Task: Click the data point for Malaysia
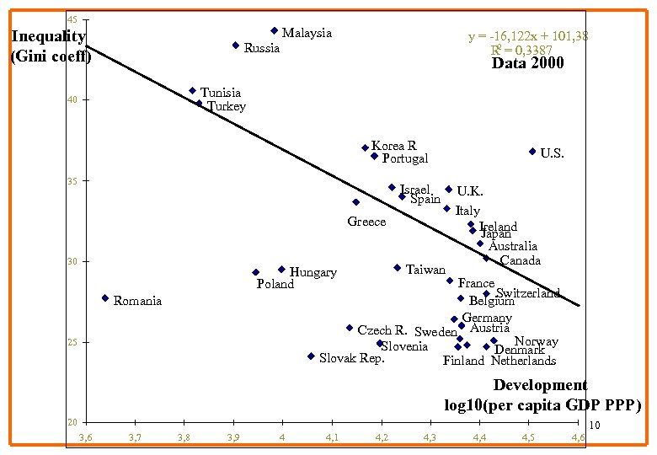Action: (x=275, y=31)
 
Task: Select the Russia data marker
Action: (x=236, y=45)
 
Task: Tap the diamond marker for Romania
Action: (x=105, y=298)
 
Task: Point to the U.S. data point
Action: (x=532, y=152)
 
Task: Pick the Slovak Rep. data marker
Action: (x=311, y=356)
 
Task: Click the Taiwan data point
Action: (x=398, y=268)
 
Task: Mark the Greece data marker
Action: (x=356, y=202)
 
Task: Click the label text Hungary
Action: (x=312, y=272)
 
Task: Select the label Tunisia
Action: (x=220, y=93)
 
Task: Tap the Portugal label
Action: (x=404, y=158)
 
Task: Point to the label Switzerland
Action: (x=527, y=293)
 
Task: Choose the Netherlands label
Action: (x=523, y=361)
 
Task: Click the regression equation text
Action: (x=528, y=36)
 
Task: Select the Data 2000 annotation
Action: (x=527, y=63)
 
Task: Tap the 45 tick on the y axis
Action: (x=73, y=19)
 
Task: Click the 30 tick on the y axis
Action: (x=73, y=262)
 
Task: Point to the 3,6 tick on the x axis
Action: (x=86, y=436)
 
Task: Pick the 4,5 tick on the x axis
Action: (x=528, y=436)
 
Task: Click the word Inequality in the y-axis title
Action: (x=48, y=36)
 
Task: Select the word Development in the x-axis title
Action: (x=540, y=385)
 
